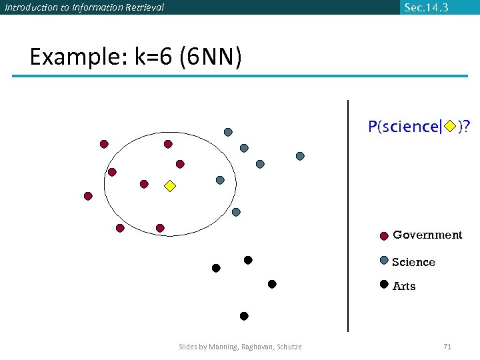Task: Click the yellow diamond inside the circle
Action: [170, 186]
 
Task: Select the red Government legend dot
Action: [384, 235]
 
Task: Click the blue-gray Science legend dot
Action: [384, 261]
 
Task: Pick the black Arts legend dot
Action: [384, 284]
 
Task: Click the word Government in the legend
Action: [427, 235]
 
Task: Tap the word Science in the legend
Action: [413, 262]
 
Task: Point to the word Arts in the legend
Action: [404, 286]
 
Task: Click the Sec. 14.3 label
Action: [426, 7]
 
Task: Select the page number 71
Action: [447, 347]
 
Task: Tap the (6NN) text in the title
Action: [210, 57]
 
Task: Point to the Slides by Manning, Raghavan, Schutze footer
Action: [240, 347]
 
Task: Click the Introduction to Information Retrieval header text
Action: [84, 7]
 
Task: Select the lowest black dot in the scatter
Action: [244, 316]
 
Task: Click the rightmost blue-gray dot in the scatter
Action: [300, 156]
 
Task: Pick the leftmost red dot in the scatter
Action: [87, 196]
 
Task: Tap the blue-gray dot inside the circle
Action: [220, 180]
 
